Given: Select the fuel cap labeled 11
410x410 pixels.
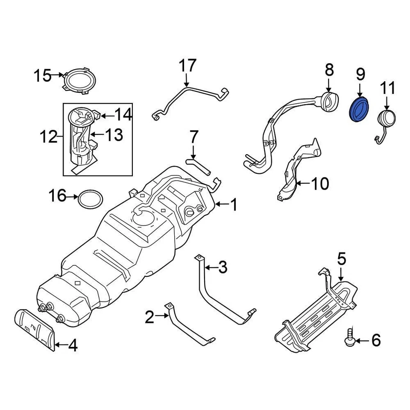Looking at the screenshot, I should click(x=386, y=118).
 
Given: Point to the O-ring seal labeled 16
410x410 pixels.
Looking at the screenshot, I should click(x=90, y=199).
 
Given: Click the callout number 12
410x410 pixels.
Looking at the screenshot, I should click(x=49, y=137).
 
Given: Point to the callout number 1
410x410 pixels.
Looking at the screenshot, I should click(x=234, y=205).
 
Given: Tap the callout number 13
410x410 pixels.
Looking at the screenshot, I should click(x=113, y=135).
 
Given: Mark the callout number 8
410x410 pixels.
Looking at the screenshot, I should click(x=328, y=70).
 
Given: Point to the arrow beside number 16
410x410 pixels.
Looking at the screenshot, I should click(x=73, y=196).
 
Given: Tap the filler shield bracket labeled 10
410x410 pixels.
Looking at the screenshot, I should click(x=299, y=171).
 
